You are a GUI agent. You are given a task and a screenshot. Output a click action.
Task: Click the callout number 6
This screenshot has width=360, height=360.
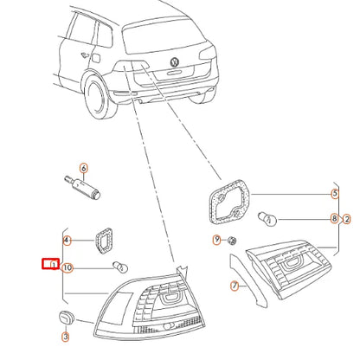tap(84, 168)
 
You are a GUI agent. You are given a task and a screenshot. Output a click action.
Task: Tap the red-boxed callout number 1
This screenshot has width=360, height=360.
tap(52, 263)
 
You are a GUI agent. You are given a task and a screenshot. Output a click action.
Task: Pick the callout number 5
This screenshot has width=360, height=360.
tap(335, 195)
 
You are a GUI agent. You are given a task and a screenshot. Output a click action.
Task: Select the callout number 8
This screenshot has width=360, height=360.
tap(335, 219)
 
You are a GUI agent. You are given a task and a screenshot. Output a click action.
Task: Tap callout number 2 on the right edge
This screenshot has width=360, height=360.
tap(347, 219)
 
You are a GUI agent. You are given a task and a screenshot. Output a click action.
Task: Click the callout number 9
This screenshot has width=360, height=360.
tap(217, 239)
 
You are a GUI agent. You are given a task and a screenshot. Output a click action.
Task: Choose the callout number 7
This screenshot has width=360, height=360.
tap(233, 285)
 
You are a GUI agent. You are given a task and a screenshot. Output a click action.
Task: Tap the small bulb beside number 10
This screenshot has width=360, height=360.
tap(122, 267)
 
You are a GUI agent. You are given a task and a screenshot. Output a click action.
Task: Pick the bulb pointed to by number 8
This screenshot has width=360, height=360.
tap(268, 218)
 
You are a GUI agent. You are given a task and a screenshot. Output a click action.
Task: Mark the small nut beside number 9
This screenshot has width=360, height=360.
tap(232, 240)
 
